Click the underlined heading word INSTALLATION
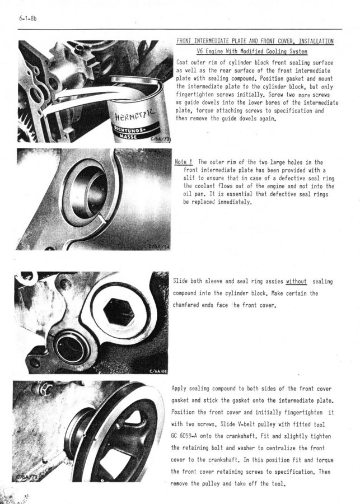(x=316, y=41)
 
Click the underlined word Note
(x=181, y=162)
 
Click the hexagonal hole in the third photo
(x=119, y=311)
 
